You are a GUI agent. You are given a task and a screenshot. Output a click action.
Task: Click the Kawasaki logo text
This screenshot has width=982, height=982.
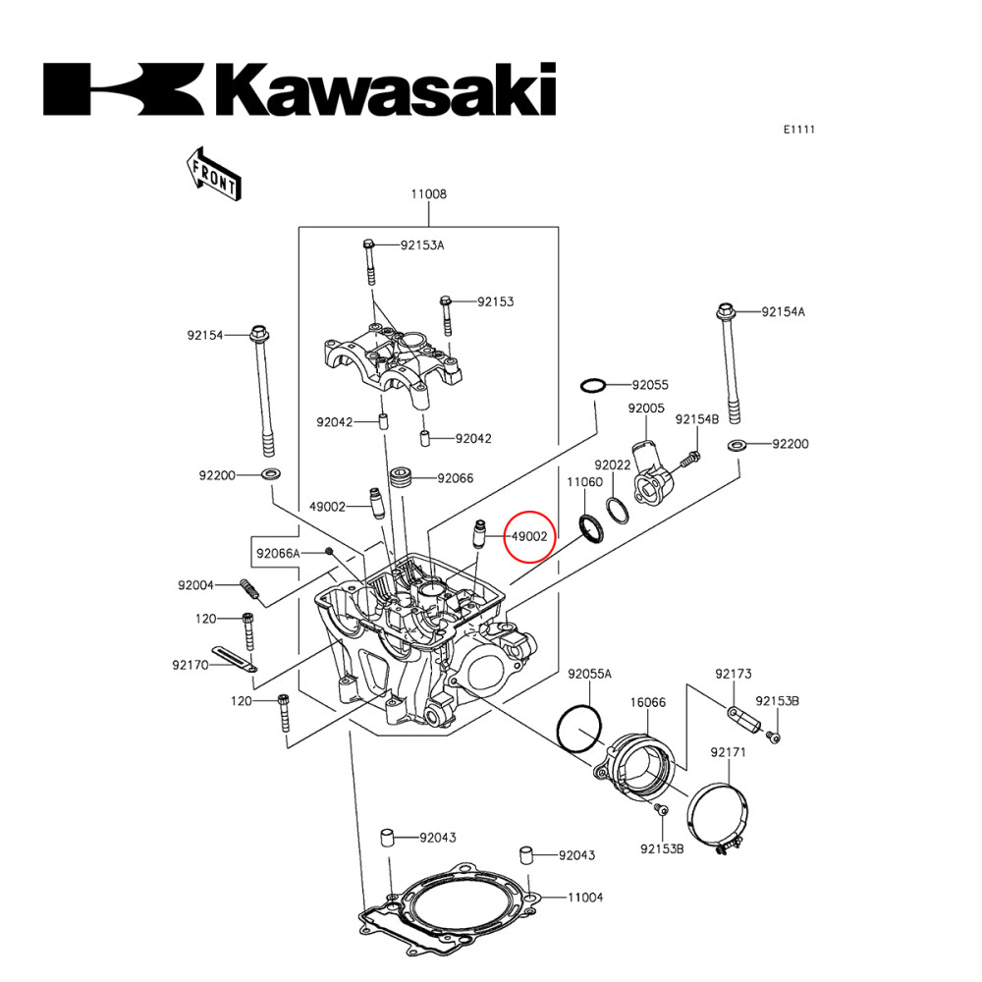pos(300,90)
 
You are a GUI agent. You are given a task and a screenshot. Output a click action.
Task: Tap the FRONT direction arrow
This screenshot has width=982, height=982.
pos(212,173)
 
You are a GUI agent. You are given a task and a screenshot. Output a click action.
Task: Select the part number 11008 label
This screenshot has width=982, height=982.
pos(428,194)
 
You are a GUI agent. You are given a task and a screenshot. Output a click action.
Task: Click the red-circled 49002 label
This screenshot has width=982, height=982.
pos(529,536)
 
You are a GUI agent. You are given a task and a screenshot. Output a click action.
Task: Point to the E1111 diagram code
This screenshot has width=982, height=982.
pos(798,129)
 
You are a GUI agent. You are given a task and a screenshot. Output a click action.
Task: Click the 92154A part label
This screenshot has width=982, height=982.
pos(784,312)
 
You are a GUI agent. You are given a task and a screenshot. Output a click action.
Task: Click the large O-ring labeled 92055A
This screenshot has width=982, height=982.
pos(578,728)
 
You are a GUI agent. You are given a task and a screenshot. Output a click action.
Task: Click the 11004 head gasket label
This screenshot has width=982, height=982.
pos(584,898)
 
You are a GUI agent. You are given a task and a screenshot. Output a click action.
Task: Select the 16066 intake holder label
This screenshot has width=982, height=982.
pos(648,703)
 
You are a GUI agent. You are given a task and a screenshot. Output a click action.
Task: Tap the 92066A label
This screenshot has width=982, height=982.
pos(278,554)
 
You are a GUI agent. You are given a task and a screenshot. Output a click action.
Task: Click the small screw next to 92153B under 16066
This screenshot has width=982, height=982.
pos(660,809)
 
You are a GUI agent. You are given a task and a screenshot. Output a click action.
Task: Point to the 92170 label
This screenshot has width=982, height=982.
pos(190,665)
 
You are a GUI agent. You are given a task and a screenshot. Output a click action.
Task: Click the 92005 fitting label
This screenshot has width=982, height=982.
pos(647,408)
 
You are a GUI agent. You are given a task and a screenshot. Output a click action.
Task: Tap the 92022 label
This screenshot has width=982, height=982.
pos(612,464)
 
